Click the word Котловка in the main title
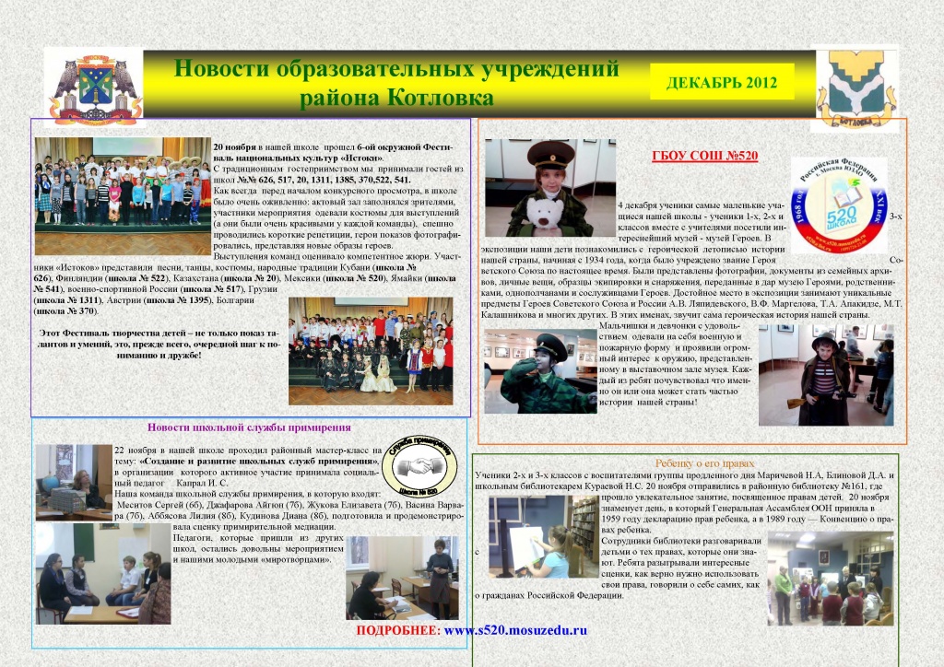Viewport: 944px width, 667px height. tap(433, 97)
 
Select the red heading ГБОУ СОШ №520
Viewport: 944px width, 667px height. tap(704, 156)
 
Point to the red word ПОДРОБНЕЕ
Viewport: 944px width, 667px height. tap(397, 631)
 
